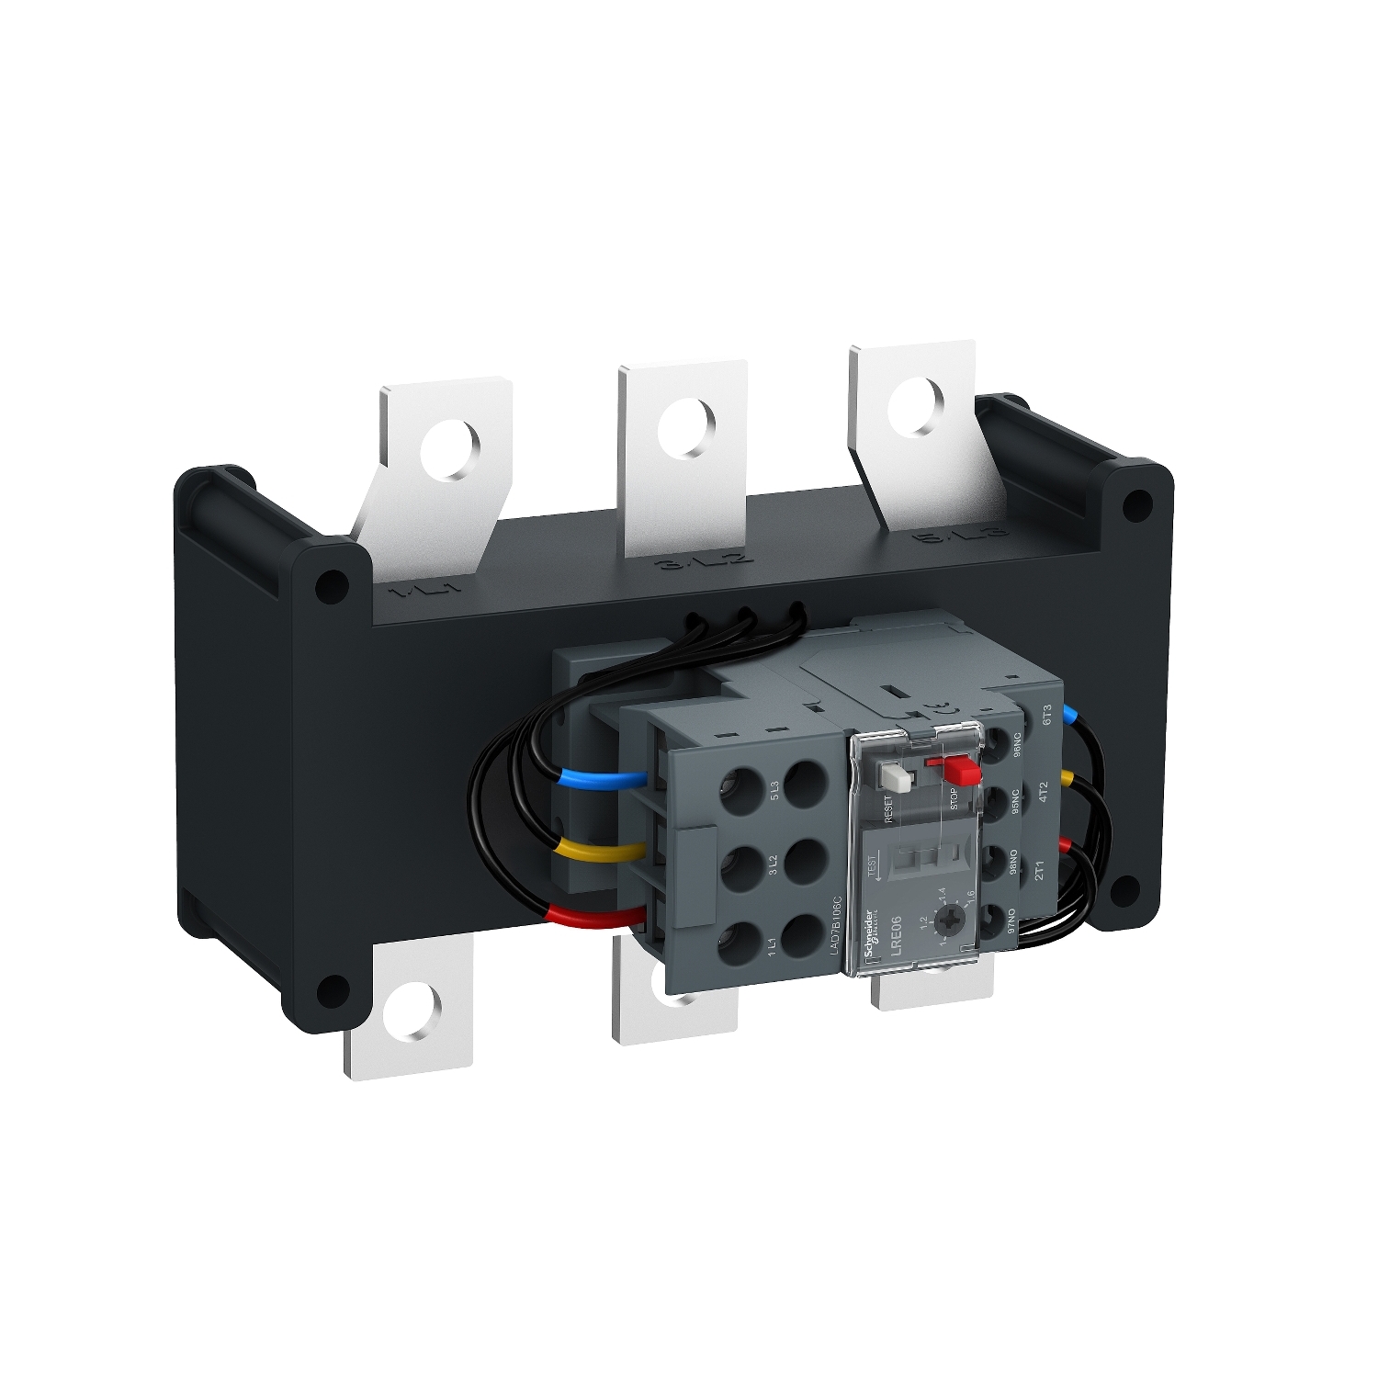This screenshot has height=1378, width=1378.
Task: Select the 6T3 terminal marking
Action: pyautogui.click(x=1045, y=715)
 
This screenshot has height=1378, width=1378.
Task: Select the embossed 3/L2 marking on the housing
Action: pyautogui.click(x=706, y=563)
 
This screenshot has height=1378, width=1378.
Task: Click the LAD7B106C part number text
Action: pyautogui.click(x=835, y=929)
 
